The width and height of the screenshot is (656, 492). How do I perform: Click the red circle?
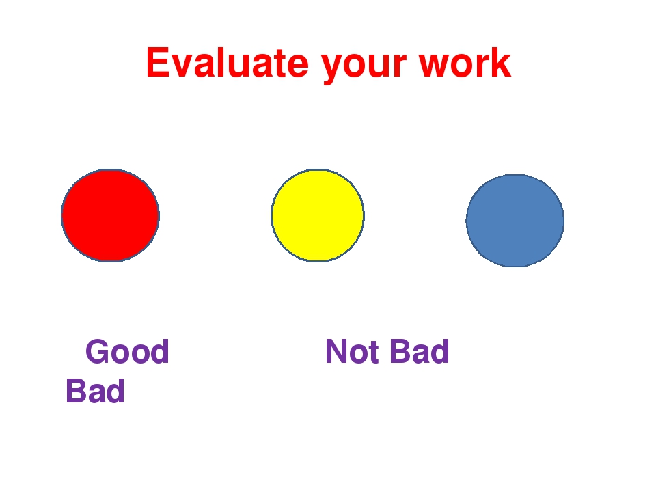[111, 215]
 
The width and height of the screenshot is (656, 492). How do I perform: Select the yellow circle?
[318, 215]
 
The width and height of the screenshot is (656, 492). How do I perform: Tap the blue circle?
[515, 221]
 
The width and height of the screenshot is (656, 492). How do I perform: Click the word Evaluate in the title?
[228, 63]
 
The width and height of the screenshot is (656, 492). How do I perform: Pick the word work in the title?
[465, 63]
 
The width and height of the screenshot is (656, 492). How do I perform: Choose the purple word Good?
[127, 351]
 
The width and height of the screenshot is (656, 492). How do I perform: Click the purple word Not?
[353, 351]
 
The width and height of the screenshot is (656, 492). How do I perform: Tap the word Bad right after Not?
[419, 351]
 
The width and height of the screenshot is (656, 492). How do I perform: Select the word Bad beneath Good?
[96, 391]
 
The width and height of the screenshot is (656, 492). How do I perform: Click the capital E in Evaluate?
[158, 63]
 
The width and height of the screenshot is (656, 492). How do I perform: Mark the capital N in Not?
[337, 351]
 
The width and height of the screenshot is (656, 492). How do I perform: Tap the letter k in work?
[500, 63]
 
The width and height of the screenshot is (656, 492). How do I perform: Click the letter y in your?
[333, 68]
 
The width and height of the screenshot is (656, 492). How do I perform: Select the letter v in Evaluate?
[183, 66]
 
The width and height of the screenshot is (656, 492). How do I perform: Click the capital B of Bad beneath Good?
[77, 391]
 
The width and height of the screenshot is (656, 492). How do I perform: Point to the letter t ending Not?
[373, 353]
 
